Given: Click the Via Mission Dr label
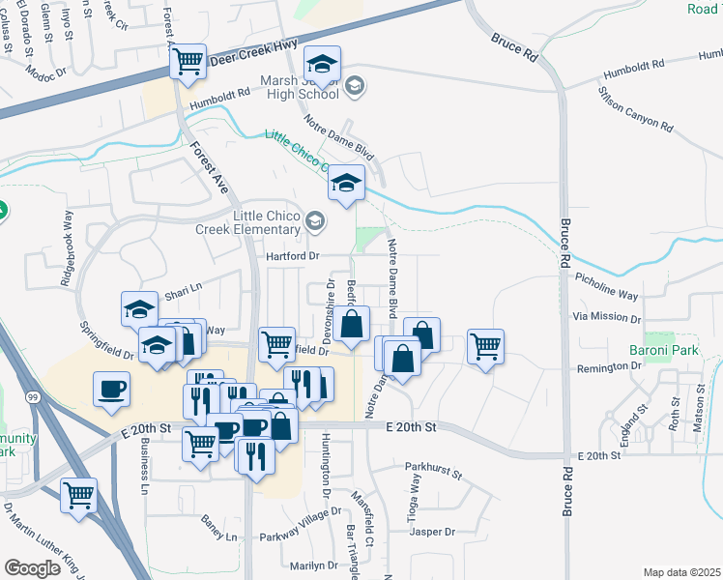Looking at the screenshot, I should (607, 317).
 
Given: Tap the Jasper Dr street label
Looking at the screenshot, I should (431, 532).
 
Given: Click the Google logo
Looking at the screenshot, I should (33, 567).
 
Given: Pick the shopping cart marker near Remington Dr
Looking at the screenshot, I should (485, 346).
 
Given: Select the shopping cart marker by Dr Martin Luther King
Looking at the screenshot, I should (79, 495).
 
